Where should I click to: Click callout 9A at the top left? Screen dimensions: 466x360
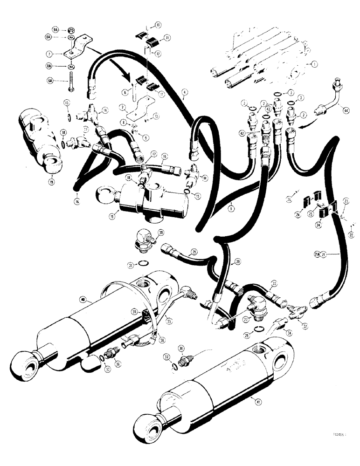click(55, 29)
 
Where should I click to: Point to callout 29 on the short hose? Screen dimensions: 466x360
click(194, 251)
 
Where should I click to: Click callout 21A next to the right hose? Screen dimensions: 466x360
click(317, 254)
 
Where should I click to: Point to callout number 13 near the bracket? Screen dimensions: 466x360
click(157, 115)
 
